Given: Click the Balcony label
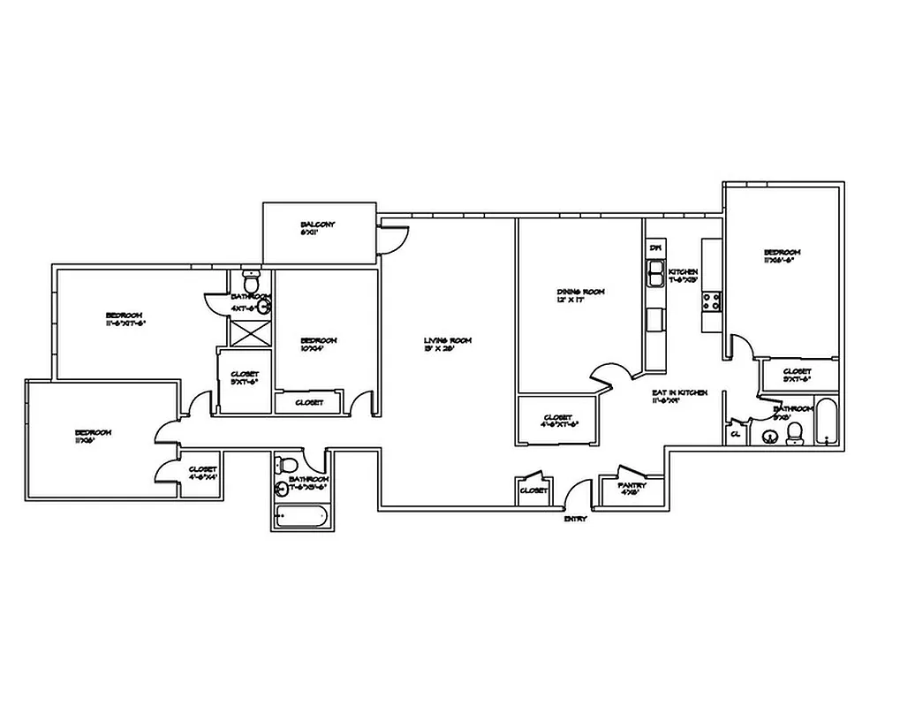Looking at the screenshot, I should (318, 224).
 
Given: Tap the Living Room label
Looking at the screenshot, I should (449, 341).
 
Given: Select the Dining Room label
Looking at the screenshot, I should (580, 293).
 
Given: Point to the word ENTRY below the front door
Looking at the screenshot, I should (576, 519).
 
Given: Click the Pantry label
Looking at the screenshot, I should (632, 485).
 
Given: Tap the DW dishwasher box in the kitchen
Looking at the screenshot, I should (655, 248).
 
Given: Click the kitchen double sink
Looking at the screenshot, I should (655, 277).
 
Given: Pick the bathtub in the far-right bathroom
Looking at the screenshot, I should (826, 423).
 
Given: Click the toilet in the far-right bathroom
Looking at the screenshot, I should (794, 432).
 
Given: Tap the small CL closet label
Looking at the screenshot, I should (735, 434).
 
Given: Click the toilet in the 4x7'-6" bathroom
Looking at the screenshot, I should (251, 283).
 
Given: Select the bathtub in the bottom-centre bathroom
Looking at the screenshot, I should (300, 517).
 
